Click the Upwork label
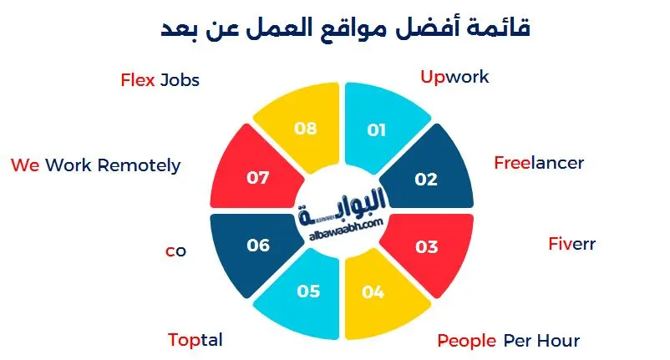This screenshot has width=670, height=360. (x=454, y=78)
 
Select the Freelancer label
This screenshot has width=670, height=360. (x=538, y=163)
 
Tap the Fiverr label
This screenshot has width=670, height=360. (x=571, y=245)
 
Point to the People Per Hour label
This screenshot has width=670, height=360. (x=508, y=341)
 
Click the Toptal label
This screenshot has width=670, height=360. (x=195, y=341)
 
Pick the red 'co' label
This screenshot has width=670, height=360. (x=175, y=251)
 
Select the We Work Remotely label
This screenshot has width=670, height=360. (x=95, y=165)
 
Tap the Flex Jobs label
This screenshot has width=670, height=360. (x=160, y=81)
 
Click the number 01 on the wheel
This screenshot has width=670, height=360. (x=377, y=129)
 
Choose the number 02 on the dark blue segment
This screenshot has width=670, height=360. (x=426, y=179)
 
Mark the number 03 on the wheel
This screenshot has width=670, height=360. (x=426, y=247)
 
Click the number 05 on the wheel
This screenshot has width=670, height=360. (x=308, y=292)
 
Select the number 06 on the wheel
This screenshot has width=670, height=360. (x=258, y=246)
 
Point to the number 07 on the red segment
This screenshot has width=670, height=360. (x=258, y=178)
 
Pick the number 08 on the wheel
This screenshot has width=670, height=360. (x=307, y=129)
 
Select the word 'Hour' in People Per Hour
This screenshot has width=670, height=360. (x=558, y=341)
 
